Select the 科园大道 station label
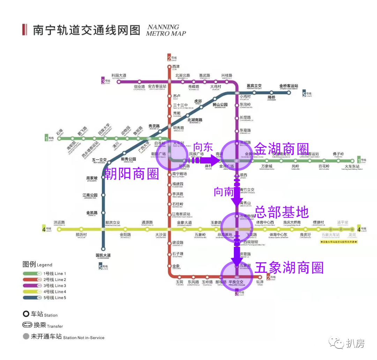(x=119, y=75)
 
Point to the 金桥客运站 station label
(x=289, y=86)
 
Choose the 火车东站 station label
(x=352, y=166)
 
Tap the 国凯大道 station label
(x=103, y=255)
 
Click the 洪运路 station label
(x=59, y=222)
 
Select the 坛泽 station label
(x=260, y=282)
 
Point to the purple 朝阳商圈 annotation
(x=132, y=173)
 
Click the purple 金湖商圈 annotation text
(x=282, y=148)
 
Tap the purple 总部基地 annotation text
(x=282, y=212)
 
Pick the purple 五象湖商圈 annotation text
(x=289, y=268)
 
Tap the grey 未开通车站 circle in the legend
(x=26, y=337)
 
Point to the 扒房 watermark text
(x=355, y=344)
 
